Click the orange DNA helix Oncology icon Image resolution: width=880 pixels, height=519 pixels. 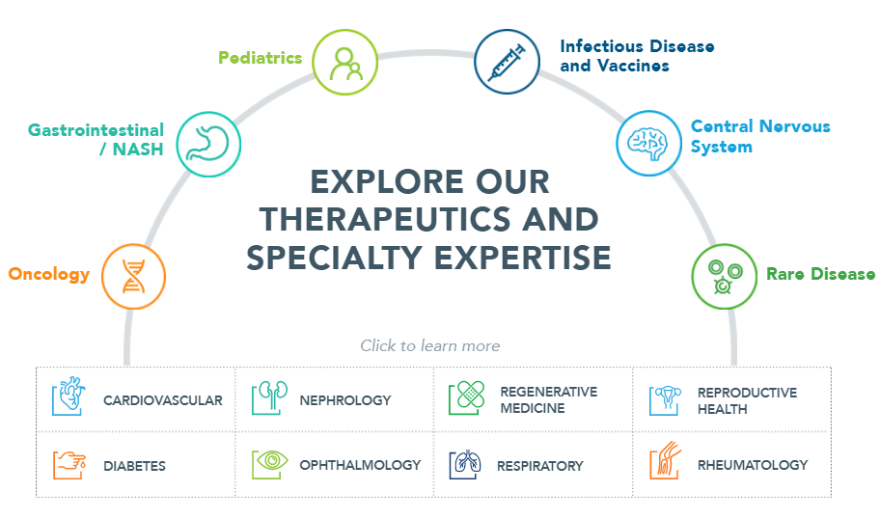pos(133,276)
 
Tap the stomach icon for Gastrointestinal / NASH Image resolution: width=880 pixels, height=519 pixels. pos(208,144)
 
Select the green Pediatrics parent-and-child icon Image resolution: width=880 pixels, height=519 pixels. pos(344,63)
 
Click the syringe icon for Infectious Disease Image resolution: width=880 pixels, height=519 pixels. pos(507,62)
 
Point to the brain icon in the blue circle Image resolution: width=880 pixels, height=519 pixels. pos(648,143)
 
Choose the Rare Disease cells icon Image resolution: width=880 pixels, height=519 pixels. pos(724,276)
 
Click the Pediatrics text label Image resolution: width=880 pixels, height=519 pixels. pos(261,58)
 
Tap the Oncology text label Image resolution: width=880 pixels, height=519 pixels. pos(49,274)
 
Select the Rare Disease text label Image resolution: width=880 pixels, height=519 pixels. pos(820,274)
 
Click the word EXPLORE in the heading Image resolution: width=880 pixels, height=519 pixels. pos(387,181)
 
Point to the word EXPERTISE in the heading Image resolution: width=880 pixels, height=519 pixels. pos(523,258)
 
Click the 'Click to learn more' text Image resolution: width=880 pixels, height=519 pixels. pos(430,345)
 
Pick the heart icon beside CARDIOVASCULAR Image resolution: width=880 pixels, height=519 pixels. pos(69,396)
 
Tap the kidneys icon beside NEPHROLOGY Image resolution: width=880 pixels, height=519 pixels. pos(269,397)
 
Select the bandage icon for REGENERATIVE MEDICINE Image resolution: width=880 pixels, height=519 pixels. pos(467,397)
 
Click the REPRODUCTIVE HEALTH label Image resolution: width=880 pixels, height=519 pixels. pos(747,400)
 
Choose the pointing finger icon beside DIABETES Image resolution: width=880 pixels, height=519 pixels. pos(69,465)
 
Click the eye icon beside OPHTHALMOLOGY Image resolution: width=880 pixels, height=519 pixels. pos(270,464)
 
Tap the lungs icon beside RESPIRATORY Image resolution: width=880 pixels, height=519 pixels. pos(465,464)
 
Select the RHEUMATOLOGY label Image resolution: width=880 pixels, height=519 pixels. pos(753,465)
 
